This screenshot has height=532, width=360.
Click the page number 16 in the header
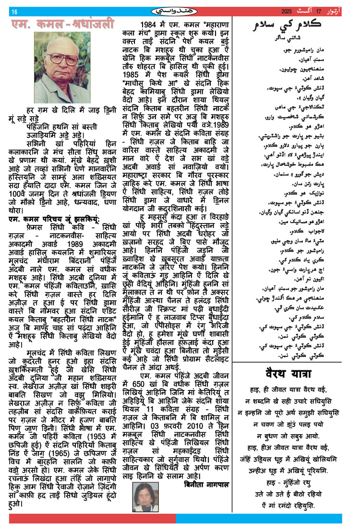pyautogui.click(x=14, y=12)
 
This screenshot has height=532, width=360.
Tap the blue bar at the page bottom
pyautogui.click(x=259, y=519)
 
